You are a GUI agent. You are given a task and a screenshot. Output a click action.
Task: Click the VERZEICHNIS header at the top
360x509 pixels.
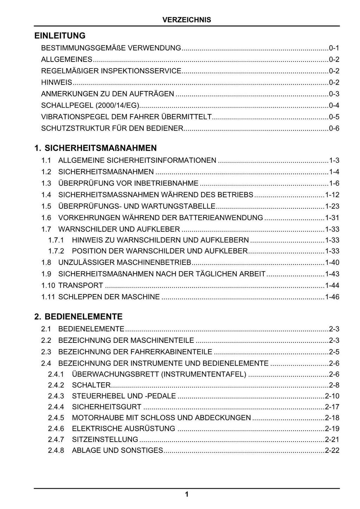pyautogui.click(x=187, y=20)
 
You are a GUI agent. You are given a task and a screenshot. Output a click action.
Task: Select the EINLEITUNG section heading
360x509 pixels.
pyautogui.click(x=60, y=35)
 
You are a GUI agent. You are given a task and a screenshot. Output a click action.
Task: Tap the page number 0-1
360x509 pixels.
pyautogui.click(x=334, y=48)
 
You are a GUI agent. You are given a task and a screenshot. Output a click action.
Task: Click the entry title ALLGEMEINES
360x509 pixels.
pyautogui.click(x=67, y=59)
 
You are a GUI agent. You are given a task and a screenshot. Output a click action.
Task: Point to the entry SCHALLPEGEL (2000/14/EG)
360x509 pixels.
pyautogui.click(x=90, y=105)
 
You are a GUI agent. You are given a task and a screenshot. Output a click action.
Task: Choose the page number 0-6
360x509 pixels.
pyautogui.click(x=334, y=128)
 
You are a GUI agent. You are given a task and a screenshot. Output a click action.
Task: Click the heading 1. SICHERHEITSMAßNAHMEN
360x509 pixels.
pyautogui.click(x=96, y=148)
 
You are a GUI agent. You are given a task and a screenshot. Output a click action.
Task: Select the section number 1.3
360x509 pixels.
pyautogui.click(x=46, y=183)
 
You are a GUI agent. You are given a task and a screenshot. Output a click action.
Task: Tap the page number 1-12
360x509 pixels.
pyautogui.click(x=332, y=195)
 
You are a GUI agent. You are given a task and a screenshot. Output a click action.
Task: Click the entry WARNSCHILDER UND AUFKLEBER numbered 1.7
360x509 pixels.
pyautogui.click(x=119, y=229)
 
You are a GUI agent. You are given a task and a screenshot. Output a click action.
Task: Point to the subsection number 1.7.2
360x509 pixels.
pyautogui.click(x=56, y=251)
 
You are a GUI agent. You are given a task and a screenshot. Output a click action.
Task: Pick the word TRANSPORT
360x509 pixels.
pyautogui.click(x=81, y=285)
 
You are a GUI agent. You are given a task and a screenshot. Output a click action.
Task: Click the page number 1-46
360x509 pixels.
pyautogui.click(x=332, y=297)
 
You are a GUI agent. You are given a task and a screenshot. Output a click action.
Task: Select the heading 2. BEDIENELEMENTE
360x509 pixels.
pyautogui.click(x=78, y=317)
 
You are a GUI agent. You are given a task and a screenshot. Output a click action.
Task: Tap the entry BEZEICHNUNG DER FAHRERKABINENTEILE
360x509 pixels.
pyautogui.click(x=135, y=352)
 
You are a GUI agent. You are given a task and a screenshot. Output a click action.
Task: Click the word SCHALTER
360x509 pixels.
pyautogui.click(x=91, y=385)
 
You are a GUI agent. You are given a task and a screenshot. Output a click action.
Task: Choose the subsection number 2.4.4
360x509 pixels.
pyautogui.click(x=56, y=407)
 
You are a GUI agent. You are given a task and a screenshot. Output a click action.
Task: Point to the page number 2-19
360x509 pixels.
pyautogui.click(x=332, y=429)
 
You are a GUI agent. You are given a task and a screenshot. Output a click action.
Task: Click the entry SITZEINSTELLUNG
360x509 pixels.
pyautogui.click(x=105, y=439)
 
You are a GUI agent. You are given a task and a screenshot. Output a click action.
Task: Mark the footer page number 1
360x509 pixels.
pyautogui.click(x=187, y=495)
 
